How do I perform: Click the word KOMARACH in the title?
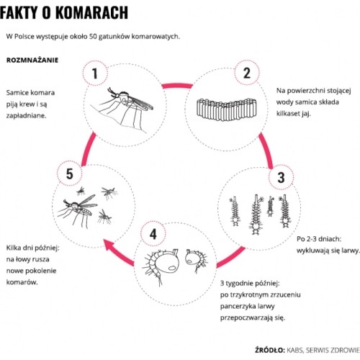92,12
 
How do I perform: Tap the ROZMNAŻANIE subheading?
32,60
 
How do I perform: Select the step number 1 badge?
95,73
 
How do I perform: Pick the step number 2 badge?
247,73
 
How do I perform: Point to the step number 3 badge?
281,177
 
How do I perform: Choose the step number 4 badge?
153,234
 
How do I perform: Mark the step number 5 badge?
70,174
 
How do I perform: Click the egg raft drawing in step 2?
227,109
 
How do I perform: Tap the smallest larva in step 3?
271,207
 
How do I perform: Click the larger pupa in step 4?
162,265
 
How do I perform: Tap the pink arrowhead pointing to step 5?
110,246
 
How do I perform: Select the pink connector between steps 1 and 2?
177,86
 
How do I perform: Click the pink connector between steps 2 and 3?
266,150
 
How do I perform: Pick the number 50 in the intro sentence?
93,37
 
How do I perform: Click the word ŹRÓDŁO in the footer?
270,350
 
